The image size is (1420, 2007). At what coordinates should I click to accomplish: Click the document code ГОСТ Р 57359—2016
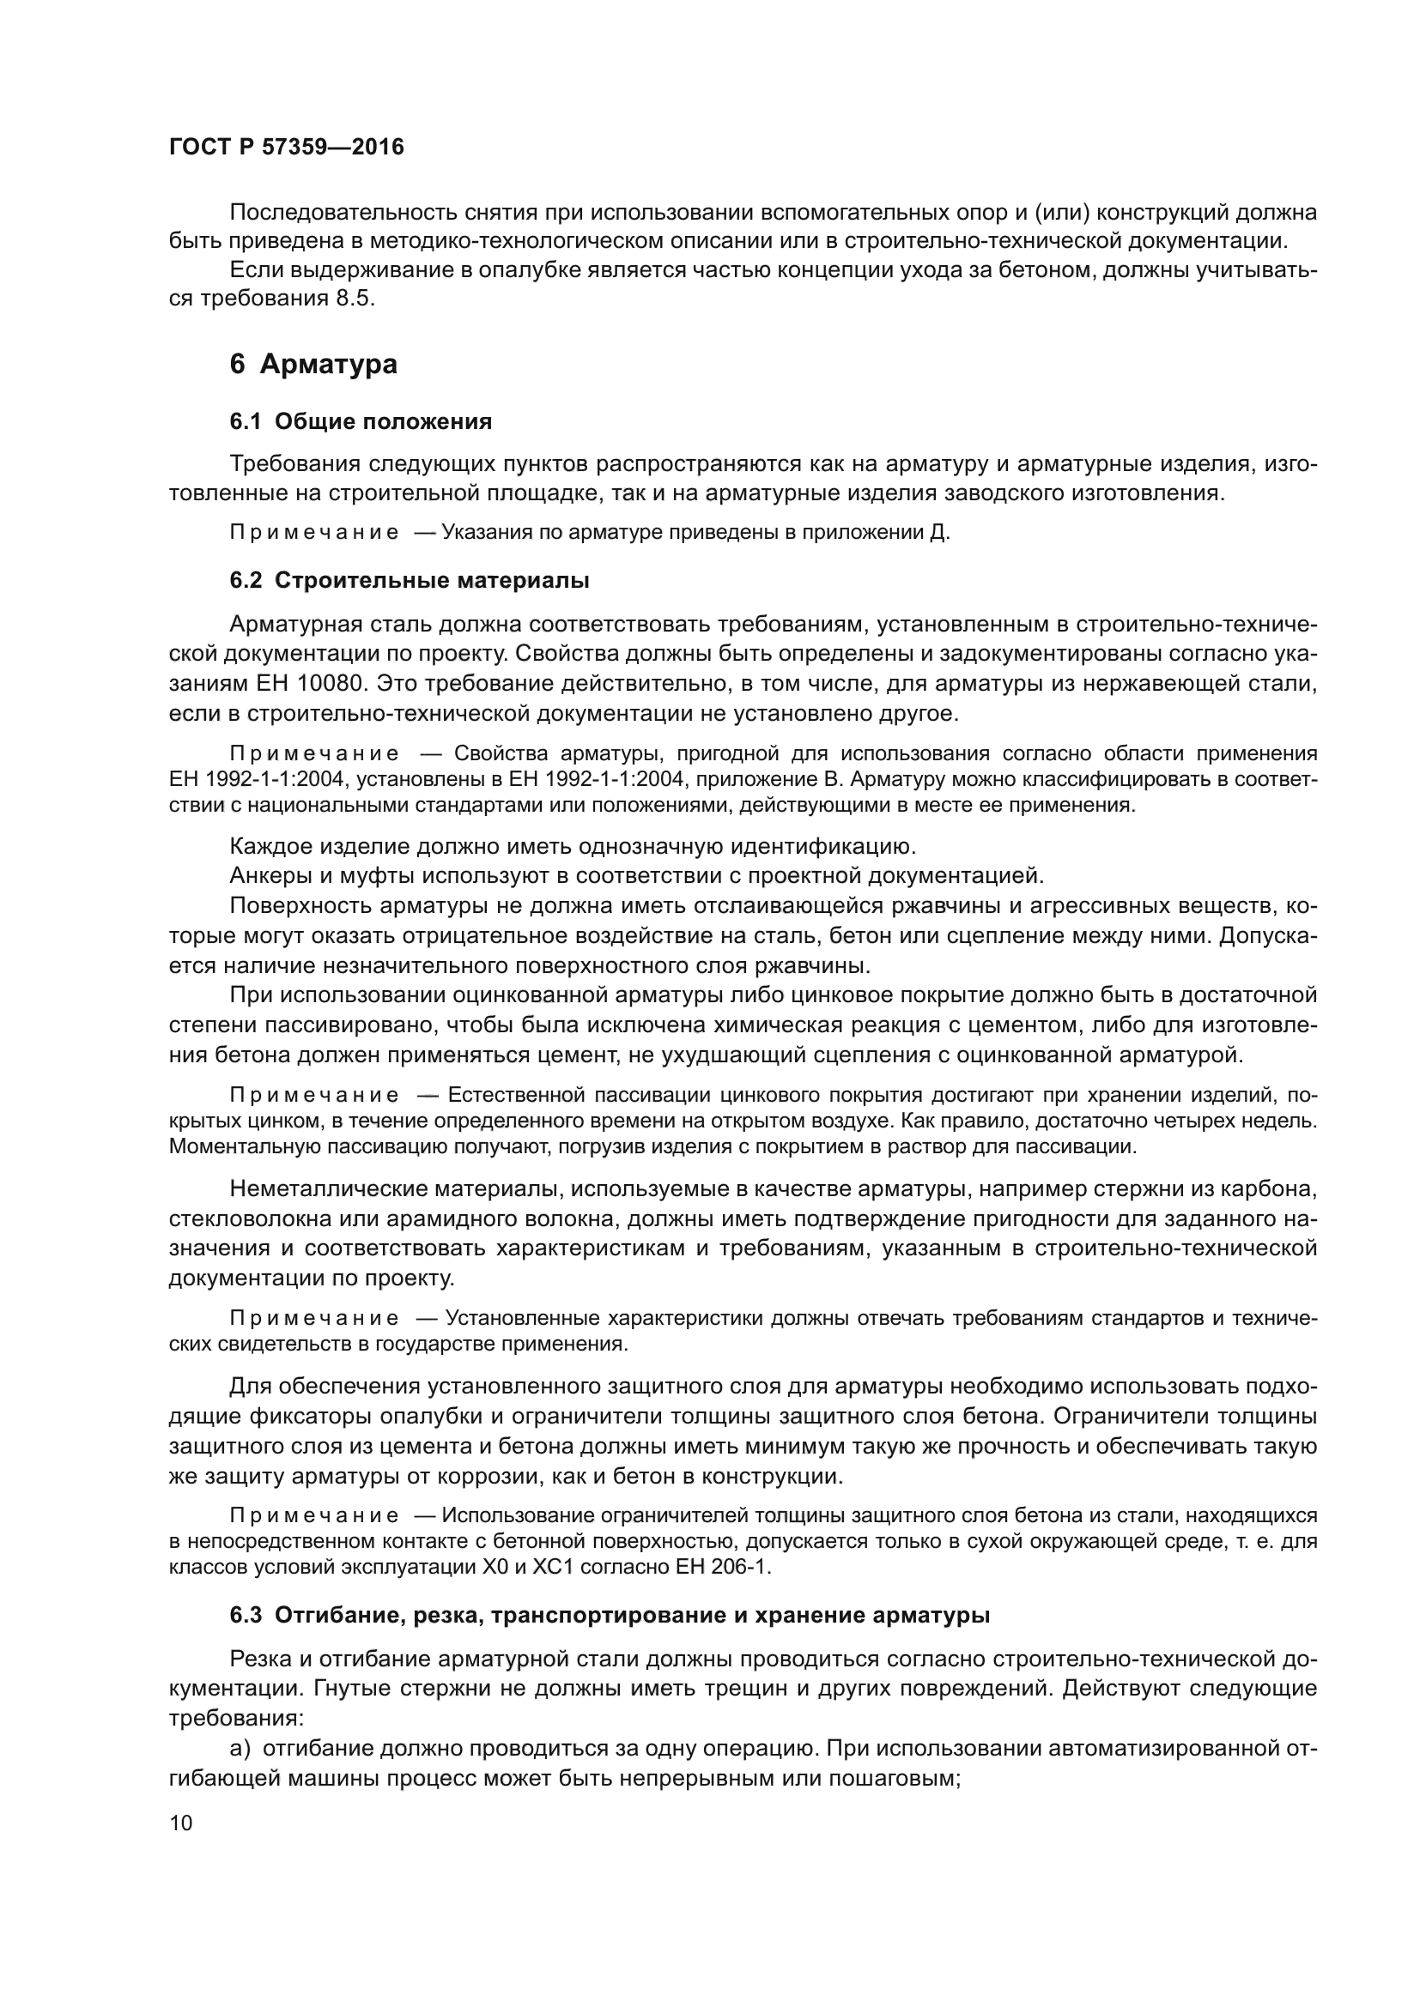286,147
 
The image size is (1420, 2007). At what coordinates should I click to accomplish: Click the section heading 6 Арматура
313,364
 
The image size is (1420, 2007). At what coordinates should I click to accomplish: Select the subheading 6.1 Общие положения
361,422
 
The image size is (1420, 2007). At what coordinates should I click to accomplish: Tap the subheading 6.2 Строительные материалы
409,580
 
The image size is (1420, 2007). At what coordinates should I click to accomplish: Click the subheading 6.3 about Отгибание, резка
610,1616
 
